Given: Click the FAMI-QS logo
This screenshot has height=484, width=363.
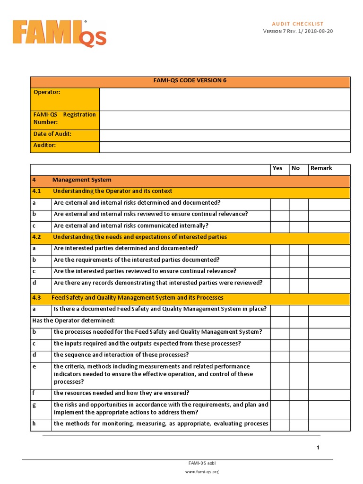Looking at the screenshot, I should click(x=59, y=33).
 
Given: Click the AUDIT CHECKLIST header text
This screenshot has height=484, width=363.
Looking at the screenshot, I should click(x=297, y=24).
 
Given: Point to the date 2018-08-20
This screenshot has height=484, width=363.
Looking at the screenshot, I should click(x=319, y=31).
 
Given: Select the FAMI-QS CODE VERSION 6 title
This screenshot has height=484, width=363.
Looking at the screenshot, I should click(x=190, y=80).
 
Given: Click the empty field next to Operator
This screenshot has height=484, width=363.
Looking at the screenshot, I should click(x=225, y=99).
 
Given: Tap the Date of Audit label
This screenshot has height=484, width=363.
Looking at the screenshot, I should click(x=52, y=134).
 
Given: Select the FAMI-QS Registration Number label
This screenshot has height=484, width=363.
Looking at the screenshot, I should click(x=64, y=118).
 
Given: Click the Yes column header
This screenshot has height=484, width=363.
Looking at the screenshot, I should click(x=277, y=168).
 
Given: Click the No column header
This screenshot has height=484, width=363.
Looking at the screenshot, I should click(x=296, y=168).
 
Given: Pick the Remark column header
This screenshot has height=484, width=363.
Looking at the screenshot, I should click(x=321, y=168).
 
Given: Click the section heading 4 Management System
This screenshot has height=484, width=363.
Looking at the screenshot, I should click(x=82, y=180).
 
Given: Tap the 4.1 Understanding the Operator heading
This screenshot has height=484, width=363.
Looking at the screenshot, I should click(x=112, y=191).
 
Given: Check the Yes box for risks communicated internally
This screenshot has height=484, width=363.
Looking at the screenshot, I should click(x=280, y=226).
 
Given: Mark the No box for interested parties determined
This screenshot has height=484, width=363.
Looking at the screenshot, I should click(x=299, y=249).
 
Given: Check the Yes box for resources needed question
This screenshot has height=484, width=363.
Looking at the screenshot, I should click(x=280, y=394).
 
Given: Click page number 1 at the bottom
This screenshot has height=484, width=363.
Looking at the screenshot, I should click(x=318, y=448).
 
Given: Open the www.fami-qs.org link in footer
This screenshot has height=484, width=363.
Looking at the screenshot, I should click(x=201, y=471).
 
